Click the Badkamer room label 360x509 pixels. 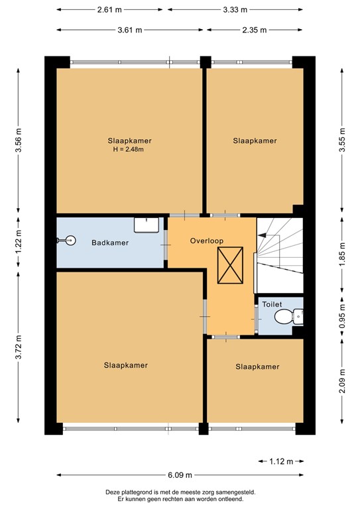[110, 243]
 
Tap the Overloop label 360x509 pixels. [207, 241]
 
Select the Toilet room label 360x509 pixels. [272, 304]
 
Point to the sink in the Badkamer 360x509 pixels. [147, 225]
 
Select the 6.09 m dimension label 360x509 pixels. [180, 475]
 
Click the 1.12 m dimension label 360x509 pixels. [281, 461]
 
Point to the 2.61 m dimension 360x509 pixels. [109, 10]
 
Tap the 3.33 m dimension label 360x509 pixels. [235, 10]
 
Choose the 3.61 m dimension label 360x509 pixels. [130, 30]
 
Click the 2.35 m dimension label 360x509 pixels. [255, 30]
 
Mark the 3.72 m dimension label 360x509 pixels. [19, 347]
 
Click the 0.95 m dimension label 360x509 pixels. [342, 315]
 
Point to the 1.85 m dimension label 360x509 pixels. [342, 254]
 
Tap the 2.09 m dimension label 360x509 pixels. [342, 381]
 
